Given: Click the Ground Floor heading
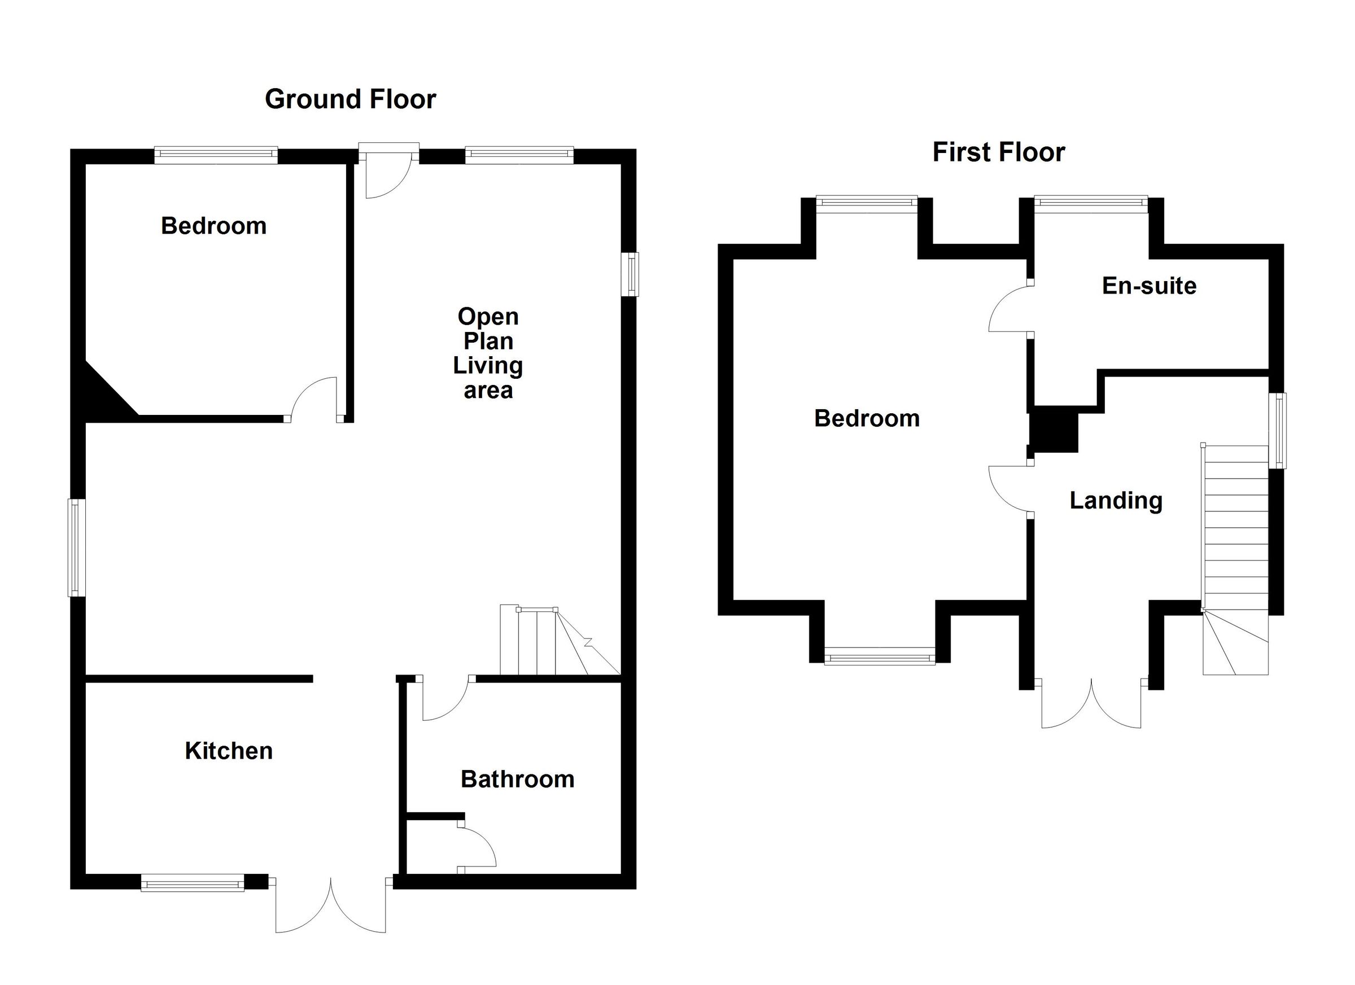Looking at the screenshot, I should coord(350,99).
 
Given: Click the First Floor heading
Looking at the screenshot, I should coord(998,152).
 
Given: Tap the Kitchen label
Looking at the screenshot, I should coord(229,751).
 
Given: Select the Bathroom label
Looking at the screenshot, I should coord(517,779).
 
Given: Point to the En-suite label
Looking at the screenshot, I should coord(1149,286).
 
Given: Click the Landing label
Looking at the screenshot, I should coord(1116,501).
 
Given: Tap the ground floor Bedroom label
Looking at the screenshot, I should coord(214,226).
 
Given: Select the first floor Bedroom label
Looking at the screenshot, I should coord(867,418).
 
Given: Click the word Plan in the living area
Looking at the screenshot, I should coord(488,341).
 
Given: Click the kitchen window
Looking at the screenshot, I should coord(193,882).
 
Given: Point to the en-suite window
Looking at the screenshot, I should coord(1091,204).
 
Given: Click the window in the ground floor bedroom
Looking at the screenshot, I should coord(216,155).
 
